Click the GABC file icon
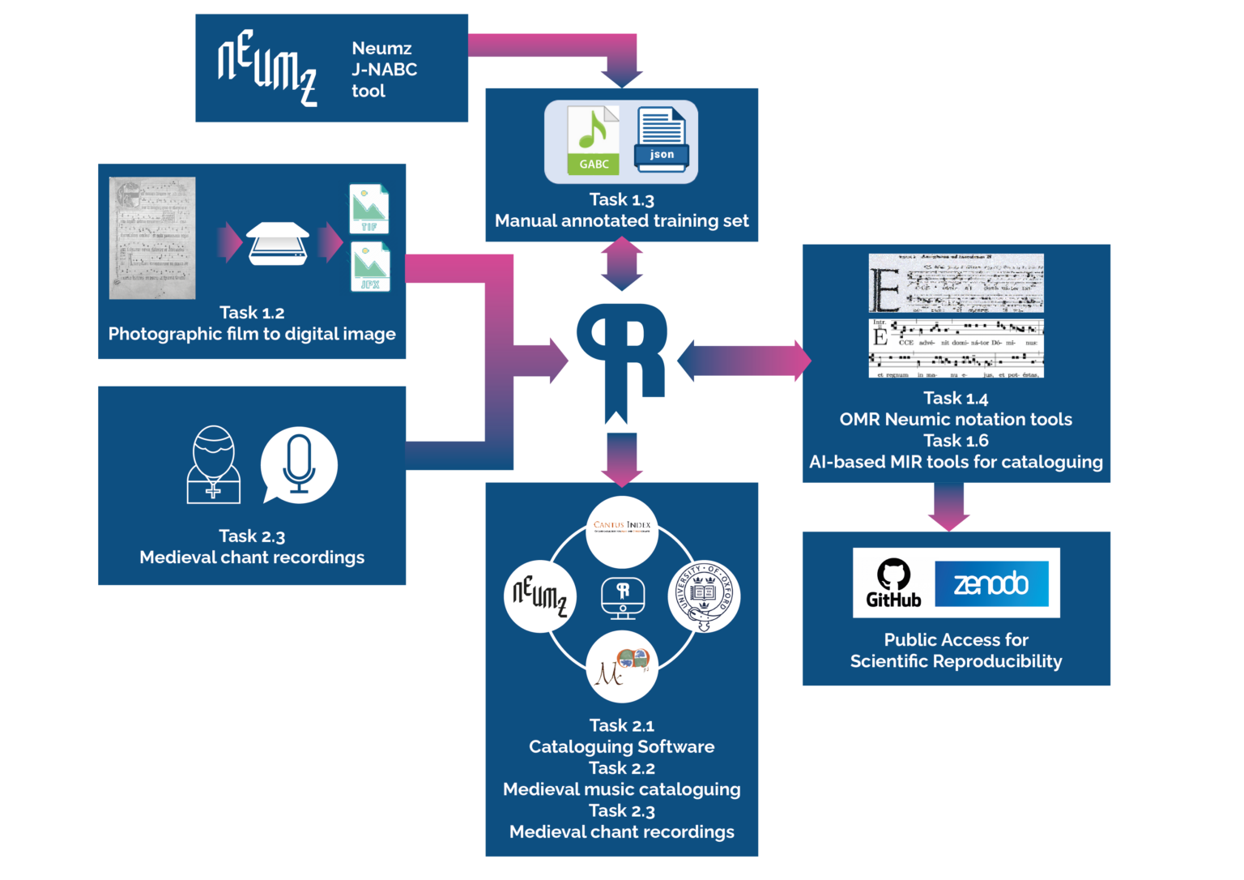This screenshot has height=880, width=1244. coord(593,141)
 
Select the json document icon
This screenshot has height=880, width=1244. coord(662,140)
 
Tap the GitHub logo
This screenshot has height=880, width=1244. coord(893,583)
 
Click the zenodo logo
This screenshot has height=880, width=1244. coord(991,583)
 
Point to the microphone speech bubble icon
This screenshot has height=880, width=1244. coord(299,464)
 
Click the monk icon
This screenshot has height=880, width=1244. coord(213,465)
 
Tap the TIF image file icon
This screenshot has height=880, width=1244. coord(369,209)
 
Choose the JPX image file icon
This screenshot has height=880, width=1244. coord(370,267)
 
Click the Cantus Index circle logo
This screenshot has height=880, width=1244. coord(621,532)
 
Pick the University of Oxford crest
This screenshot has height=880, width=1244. coord(704,596)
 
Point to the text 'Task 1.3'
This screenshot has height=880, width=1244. coord(621,199)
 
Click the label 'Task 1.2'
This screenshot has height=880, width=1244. coord(252,313)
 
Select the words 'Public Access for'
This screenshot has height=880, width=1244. coord(956,639)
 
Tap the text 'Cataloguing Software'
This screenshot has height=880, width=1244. coord(621,746)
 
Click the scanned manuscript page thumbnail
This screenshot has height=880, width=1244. coord(152,238)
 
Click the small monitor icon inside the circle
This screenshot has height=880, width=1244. coord(622,598)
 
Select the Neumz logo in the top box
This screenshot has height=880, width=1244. coord(266,68)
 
